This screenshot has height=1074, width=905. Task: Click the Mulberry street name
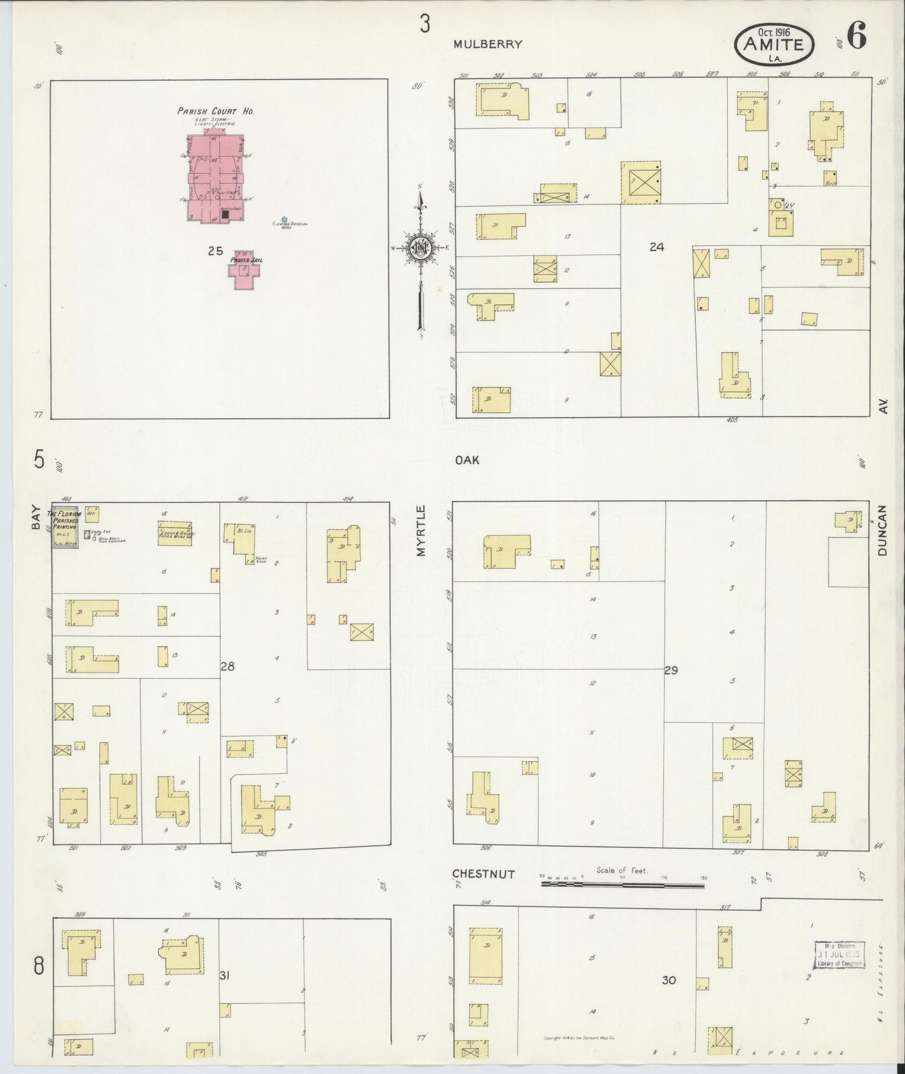(488, 44)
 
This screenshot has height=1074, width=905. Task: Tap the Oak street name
(467, 460)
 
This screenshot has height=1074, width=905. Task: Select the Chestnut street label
(484, 874)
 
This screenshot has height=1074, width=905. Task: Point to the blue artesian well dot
(284, 220)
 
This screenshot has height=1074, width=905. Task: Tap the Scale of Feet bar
(623, 885)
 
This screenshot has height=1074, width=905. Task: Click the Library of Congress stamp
(840, 954)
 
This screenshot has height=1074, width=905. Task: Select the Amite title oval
(775, 44)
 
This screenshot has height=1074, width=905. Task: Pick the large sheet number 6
(857, 37)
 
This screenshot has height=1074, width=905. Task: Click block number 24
(656, 247)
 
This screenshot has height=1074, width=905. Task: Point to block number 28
(227, 667)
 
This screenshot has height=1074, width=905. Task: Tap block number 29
(671, 670)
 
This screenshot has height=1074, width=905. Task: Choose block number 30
(669, 980)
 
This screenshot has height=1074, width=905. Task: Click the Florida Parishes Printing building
(65, 526)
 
